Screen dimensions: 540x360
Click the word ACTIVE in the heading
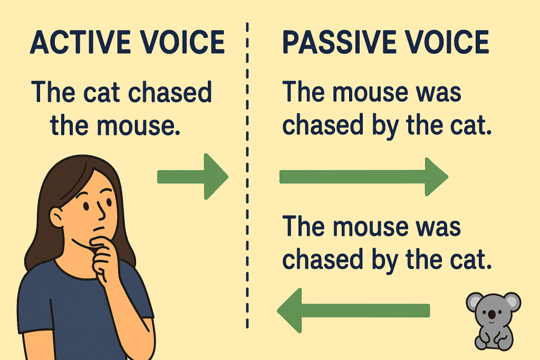[x=80, y=42]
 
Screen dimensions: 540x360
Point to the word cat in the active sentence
[x=103, y=93]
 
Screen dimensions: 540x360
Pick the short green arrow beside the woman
[x=192, y=177]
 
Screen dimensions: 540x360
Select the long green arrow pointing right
[x=364, y=177]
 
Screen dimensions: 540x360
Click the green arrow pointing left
[x=353, y=310]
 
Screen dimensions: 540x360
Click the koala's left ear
[x=475, y=302]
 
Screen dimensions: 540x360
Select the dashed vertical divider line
[x=247, y=176]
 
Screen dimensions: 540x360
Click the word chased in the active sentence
[x=170, y=92]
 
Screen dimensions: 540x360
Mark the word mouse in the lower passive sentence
[x=370, y=227]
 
